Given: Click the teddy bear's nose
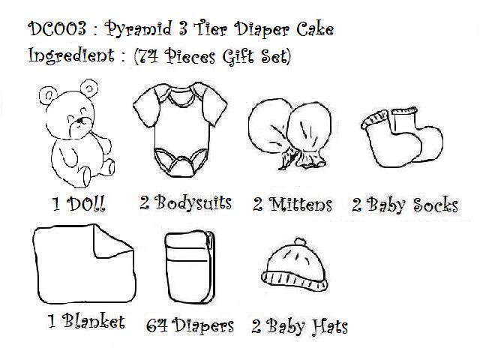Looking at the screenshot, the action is point(79,121).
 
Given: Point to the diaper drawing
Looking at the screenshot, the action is point(190,267).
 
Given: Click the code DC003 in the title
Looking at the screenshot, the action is point(57,28).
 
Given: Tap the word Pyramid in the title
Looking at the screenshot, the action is point(138,30).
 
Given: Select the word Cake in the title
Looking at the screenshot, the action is point(315,29).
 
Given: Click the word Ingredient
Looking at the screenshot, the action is point(71,55).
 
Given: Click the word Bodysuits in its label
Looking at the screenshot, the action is point(193,203).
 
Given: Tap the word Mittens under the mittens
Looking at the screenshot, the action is point(300,204).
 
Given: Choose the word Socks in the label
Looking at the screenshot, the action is point(436,205).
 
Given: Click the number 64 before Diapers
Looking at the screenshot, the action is point(157,325).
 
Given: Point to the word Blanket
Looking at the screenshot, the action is point(94,321).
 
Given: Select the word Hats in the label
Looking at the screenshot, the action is point(329,325).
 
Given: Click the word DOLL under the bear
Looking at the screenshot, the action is point(86,203).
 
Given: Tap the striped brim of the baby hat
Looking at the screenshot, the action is point(295,280).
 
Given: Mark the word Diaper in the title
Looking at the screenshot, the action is point(262,30).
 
